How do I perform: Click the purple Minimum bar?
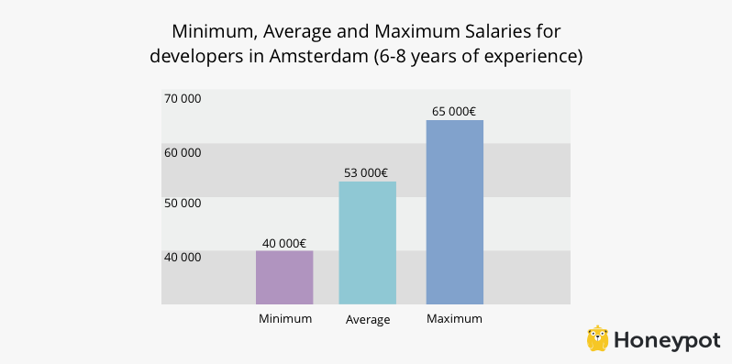coord(284,277)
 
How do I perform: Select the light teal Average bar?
coord(368,242)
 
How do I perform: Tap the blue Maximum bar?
coord(454,212)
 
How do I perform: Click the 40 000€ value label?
coord(284,243)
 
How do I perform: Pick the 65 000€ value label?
coord(453,112)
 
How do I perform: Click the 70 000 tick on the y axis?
coord(183,98)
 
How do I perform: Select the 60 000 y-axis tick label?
coord(183,152)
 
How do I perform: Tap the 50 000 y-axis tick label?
coord(183,204)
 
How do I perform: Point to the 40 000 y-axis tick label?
coord(183,257)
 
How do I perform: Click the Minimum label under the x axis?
coord(285,319)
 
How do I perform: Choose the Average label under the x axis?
coord(368,320)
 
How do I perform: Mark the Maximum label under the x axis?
coord(454,319)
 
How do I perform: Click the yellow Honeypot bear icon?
coord(598,338)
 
